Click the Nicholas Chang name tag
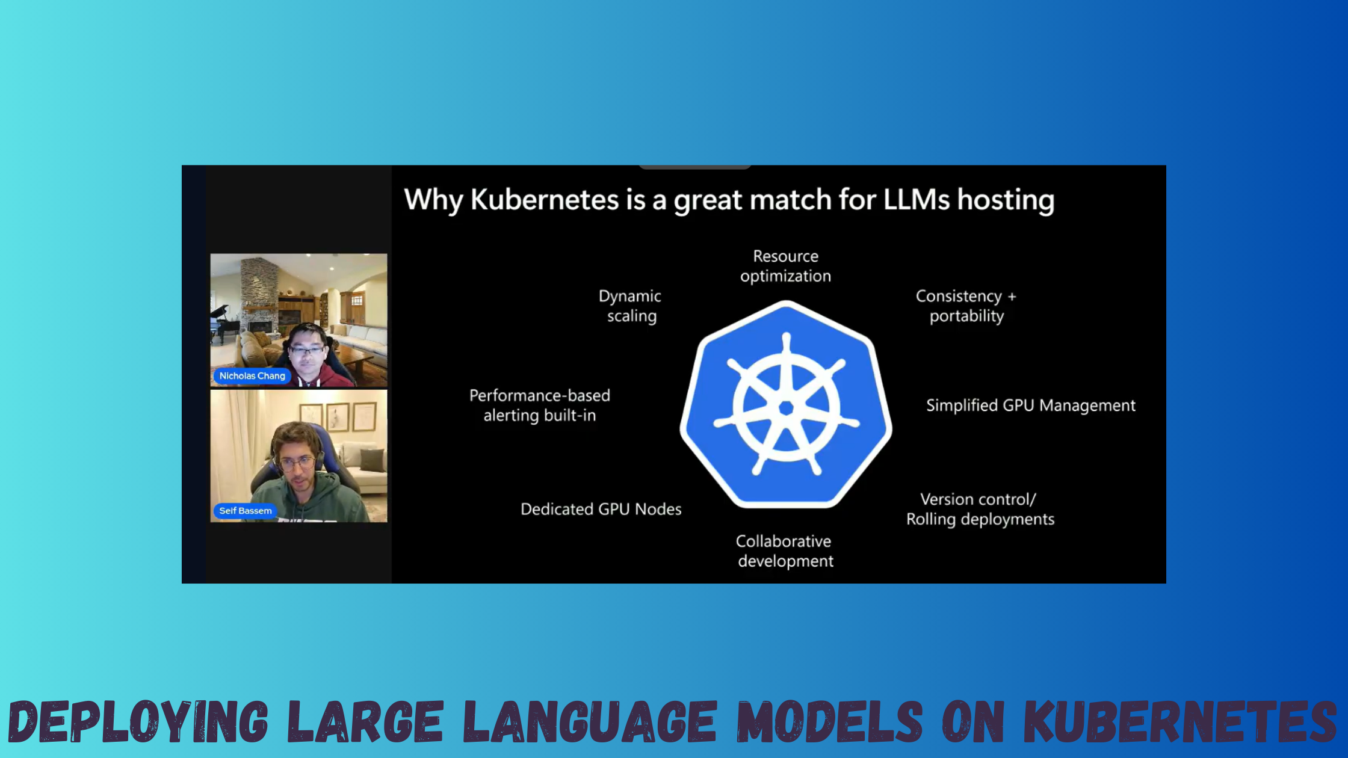(252, 376)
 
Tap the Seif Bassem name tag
(245, 511)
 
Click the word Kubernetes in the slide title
(545, 200)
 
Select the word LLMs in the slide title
(917, 200)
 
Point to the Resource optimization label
(785, 266)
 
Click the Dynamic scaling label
(631, 306)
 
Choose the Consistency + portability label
(966, 306)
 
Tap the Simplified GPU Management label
(1031, 405)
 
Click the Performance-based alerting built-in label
(540, 405)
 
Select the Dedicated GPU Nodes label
(601, 509)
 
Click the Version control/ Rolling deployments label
(980, 509)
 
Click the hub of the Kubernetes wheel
(786, 408)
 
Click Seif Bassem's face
(296, 464)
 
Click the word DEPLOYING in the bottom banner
(138, 721)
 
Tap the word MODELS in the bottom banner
(830, 721)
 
